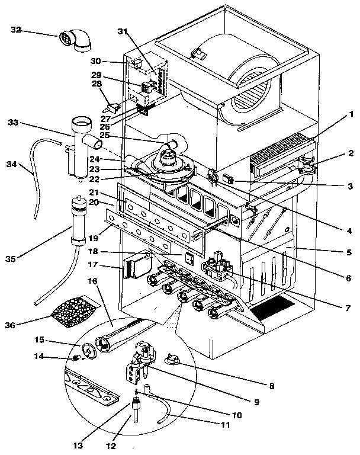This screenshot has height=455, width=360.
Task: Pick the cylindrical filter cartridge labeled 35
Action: pos(77,220)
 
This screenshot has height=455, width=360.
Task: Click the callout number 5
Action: pos(351,252)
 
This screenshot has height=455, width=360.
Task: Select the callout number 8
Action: pos(272,386)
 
